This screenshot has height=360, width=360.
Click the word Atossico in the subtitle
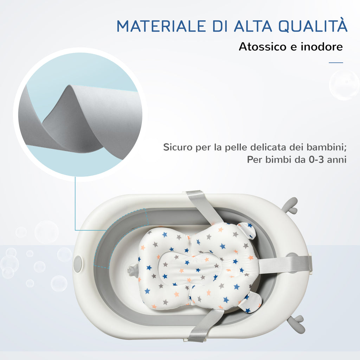[263, 47]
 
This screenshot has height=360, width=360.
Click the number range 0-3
[316, 159]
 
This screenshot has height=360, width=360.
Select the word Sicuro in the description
[178, 147]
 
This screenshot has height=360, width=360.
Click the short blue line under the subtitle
[336, 63]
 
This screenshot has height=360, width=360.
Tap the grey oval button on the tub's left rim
[78, 264]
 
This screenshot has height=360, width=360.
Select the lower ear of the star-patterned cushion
[250, 302]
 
